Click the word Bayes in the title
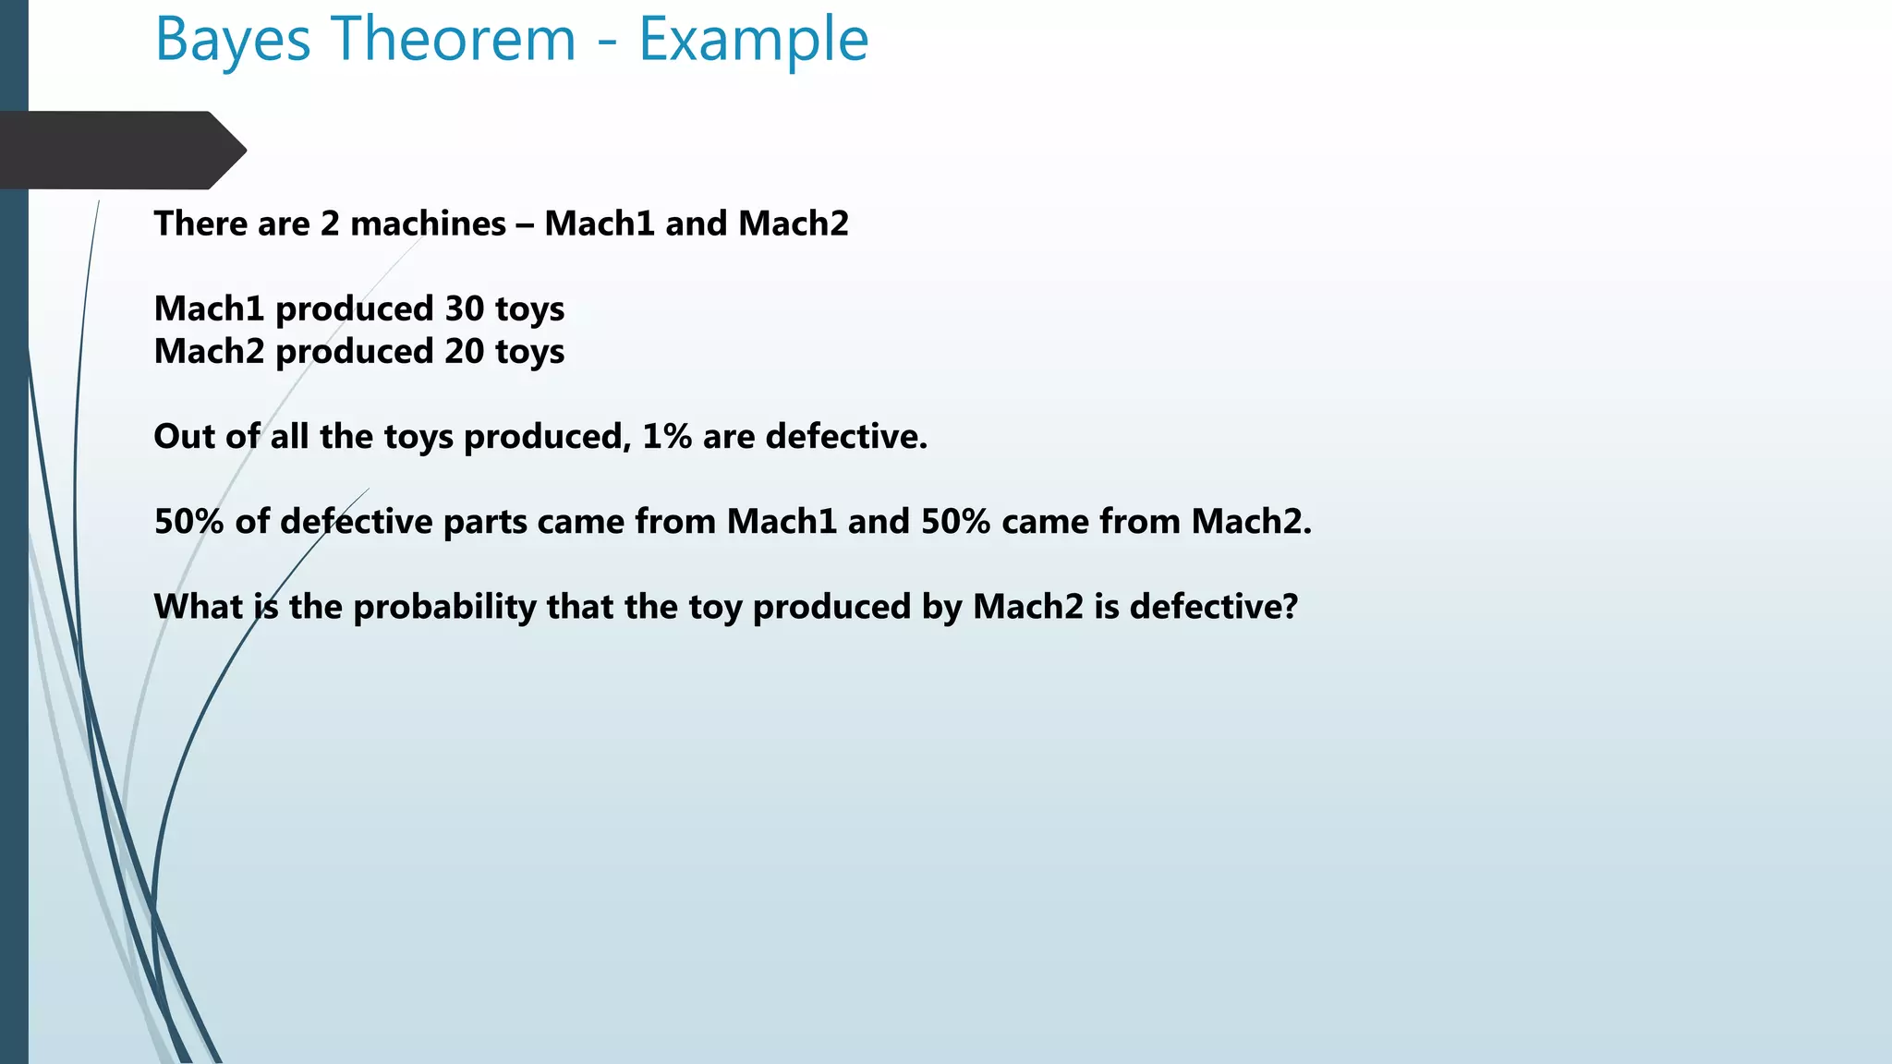point(233,41)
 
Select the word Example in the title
point(753,41)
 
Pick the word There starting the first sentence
point(200,224)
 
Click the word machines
point(428,224)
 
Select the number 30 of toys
point(465,308)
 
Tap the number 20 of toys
point(465,351)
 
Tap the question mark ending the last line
point(1290,607)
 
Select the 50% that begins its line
point(188,522)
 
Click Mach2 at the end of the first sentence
point(793,224)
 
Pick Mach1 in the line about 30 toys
point(209,308)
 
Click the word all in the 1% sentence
point(289,436)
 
